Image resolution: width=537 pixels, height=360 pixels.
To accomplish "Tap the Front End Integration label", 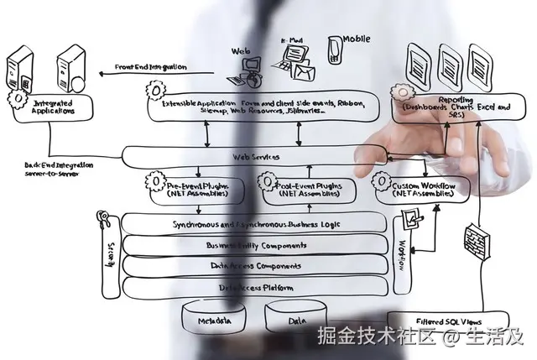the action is click(x=151, y=67).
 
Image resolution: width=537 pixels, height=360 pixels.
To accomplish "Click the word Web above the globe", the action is click(x=240, y=50).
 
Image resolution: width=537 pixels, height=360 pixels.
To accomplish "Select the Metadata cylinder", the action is click(x=215, y=321).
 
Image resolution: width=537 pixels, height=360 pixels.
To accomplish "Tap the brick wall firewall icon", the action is click(x=476, y=241).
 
